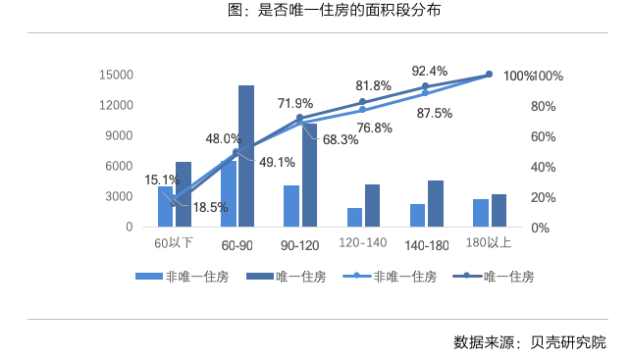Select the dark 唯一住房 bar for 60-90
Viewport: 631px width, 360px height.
(x=246, y=157)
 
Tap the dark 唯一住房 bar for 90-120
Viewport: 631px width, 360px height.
(x=309, y=175)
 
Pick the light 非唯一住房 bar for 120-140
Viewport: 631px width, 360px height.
(x=354, y=217)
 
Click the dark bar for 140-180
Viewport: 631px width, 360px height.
(x=435, y=203)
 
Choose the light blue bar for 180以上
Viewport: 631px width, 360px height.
(x=480, y=213)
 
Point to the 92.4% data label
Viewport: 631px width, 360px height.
(x=429, y=71)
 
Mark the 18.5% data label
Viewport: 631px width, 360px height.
(x=210, y=207)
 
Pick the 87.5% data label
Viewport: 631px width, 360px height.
(x=434, y=113)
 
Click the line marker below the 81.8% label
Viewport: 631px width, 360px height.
(x=362, y=102)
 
